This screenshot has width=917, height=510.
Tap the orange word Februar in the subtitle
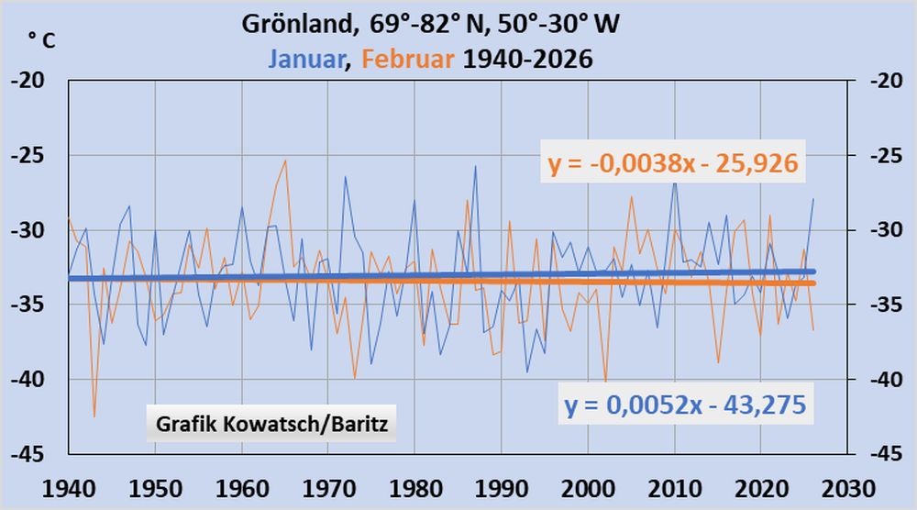coord(408,59)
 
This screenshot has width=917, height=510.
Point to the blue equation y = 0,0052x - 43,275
coord(686,405)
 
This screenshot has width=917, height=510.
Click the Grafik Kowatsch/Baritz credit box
coord(271,425)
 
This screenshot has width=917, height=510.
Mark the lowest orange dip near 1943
coord(94,416)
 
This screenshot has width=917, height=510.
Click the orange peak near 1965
coord(285,161)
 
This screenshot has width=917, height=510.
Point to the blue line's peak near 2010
coord(675,181)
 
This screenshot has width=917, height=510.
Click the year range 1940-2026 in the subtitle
coord(528,59)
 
